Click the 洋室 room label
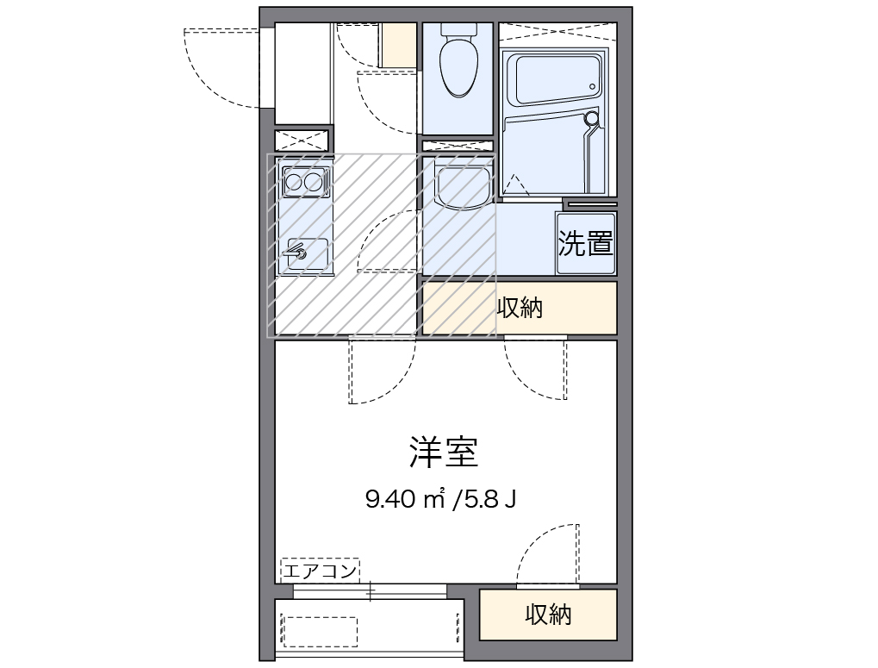pyautogui.click(x=443, y=452)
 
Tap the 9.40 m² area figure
pyautogui.click(x=404, y=498)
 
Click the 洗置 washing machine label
pyautogui.click(x=586, y=244)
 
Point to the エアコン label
pyautogui.click(x=320, y=570)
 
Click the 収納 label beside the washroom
pyautogui.click(x=520, y=308)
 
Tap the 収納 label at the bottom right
pyautogui.click(x=548, y=615)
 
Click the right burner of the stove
pyautogui.click(x=314, y=182)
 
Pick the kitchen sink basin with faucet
pyautogui.click(x=302, y=253)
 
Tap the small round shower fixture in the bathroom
pyautogui.click(x=591, y=119)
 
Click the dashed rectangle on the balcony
pyautogui.click(x=320, y=631)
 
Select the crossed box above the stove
pyautogui.click(x=302, y=140)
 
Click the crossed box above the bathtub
pyautogui.click(x=557, y=33)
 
